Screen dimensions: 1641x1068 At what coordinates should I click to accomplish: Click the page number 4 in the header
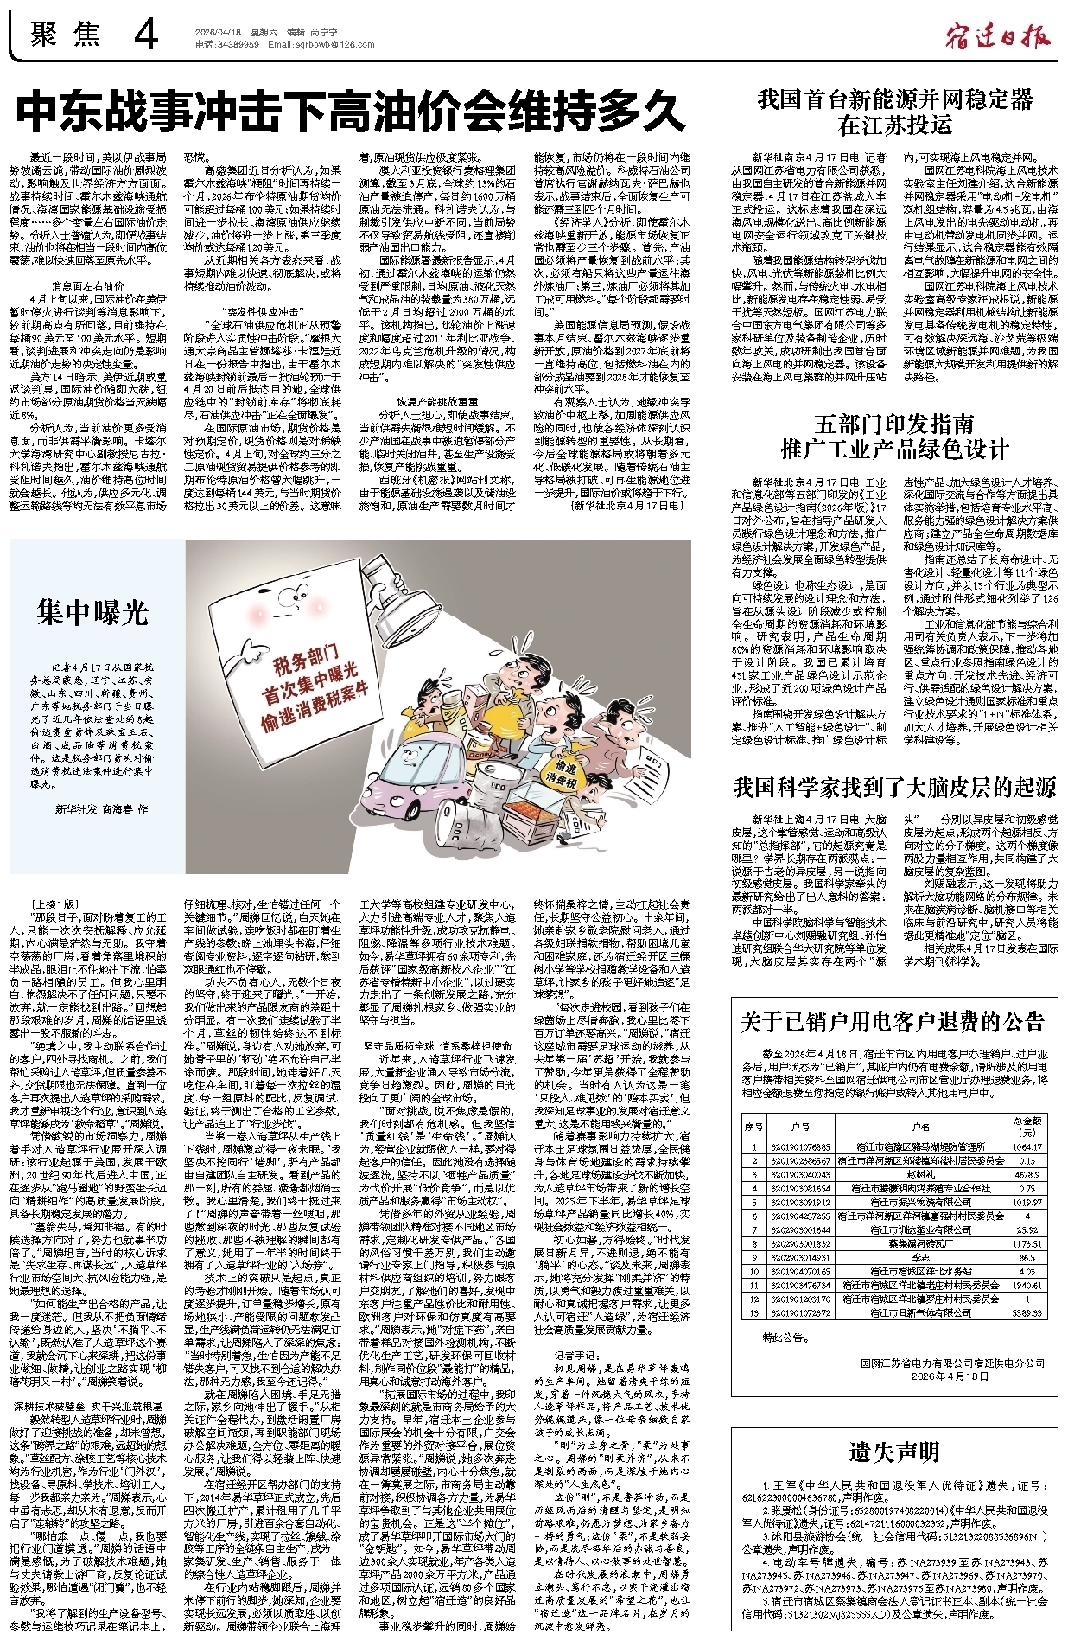click(x=146, y=35)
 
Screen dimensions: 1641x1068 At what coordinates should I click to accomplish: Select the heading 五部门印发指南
click(x=894, y=425)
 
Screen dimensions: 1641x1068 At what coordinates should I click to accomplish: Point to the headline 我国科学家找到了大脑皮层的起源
click(x=894, y=788)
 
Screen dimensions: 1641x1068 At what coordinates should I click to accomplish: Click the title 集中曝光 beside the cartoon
click(x=93, y=612)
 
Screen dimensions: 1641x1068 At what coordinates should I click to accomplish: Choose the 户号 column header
click(x=800, y=1127)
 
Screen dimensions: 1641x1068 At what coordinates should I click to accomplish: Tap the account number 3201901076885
click(x=800, y=1147)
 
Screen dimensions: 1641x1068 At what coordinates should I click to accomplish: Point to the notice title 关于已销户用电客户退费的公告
click(x=893, y=1023)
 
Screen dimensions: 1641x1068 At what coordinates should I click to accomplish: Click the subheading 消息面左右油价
click(x=87, y=284)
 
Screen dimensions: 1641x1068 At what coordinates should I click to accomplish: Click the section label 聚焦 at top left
click(x=65, y=35)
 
